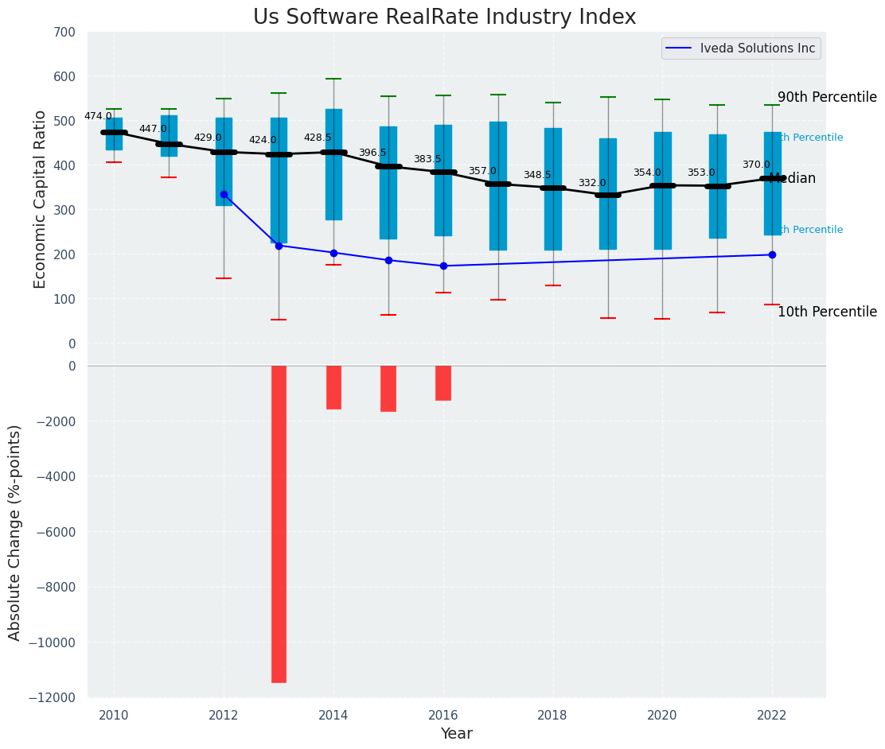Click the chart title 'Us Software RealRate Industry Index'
[x=444, y=17]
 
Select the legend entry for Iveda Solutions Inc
[x=757, y=49]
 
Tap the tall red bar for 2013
[x=279, y=523]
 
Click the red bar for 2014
[x=333, y=387]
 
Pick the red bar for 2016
[x=443, y=382]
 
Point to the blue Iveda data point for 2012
[x=224, y=194]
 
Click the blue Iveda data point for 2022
[x=772, y=254]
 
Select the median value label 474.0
[x=98, y=116]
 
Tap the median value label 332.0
[x=592, y=183]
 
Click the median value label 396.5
[x=372, y=153]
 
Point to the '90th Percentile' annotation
[x=827, y=97]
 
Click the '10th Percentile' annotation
[x=827, y=312]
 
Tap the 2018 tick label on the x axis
[x=552, y=716]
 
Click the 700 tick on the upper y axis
[x=64, y=33]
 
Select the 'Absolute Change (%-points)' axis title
[x=15, y=532]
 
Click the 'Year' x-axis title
[x=456, y=734]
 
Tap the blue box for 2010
[x=114, y=133]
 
